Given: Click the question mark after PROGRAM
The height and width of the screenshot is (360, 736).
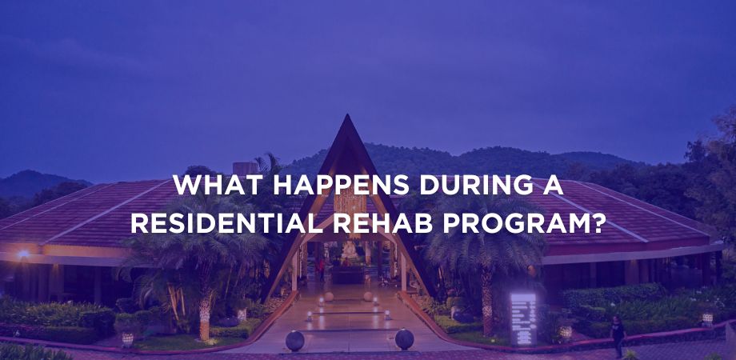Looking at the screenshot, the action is pyautogui.click(x=597, y=223).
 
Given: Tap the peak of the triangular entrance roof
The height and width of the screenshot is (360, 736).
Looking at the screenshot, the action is pyautogui.click(x=347, y=114).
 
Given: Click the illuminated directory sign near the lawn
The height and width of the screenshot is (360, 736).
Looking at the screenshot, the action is pyautogui.click(x=523, y=318).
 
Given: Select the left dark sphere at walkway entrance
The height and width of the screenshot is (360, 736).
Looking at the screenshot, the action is pyautogui.click(x=294, y=341).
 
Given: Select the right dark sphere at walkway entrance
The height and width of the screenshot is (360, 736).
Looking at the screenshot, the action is pyautogui.click(x=404, y=339).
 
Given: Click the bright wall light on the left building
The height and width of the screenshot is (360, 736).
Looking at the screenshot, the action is pyautogui.click(x=22, y=254).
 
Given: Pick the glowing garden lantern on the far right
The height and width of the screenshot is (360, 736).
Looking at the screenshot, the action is pyautogui.click(x=707, y=320).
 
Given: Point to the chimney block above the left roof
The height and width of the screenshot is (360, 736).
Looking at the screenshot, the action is pyautogui.click(x=245, y=168).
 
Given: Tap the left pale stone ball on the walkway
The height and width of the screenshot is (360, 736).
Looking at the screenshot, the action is pyautogui.click(x=329, y=297).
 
